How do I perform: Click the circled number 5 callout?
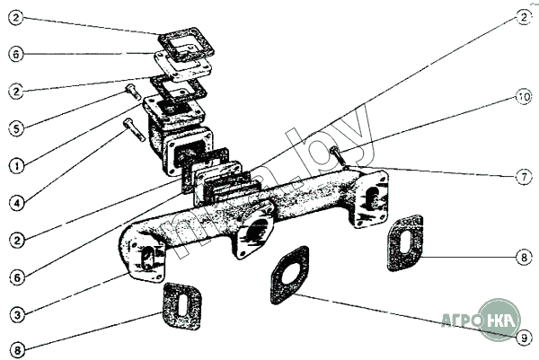tap(15, 128)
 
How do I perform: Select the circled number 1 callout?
tap(15, 166)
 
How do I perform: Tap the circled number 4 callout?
tap(15, 203)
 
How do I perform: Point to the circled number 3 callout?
tap(15, 314)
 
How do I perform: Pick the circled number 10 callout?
tap(523, 95)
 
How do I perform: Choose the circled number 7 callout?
tap(523, 177)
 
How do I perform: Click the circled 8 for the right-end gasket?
tap(523, 258)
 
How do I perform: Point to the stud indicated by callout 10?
tap(338, 156)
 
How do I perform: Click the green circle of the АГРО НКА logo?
tap(499, 319)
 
